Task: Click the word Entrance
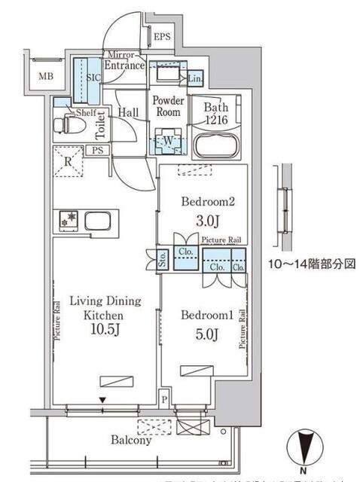tap(124, 66)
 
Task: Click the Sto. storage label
tap(162, 260)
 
